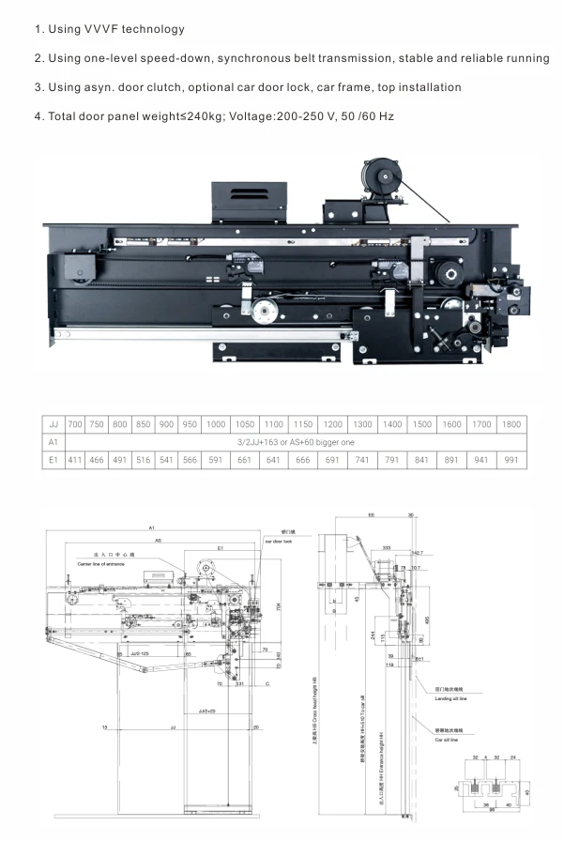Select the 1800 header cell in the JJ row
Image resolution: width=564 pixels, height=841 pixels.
(511, 424)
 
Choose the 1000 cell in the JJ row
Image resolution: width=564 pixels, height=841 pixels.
(216, 424)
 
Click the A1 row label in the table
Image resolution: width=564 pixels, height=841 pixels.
(53, 442)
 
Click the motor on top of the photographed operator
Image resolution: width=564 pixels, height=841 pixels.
(377, 176)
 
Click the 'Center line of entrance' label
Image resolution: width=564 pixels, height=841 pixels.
(97, 563)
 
